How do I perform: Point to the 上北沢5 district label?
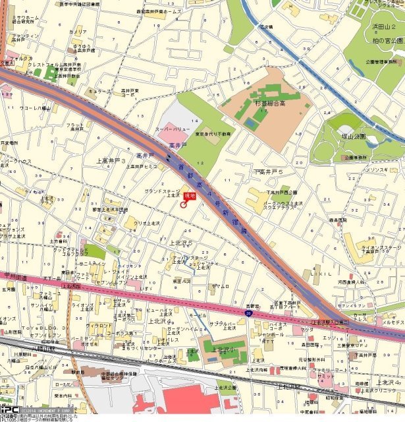(x=182, y=243)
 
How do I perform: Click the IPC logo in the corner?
(x=9, y=409)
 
